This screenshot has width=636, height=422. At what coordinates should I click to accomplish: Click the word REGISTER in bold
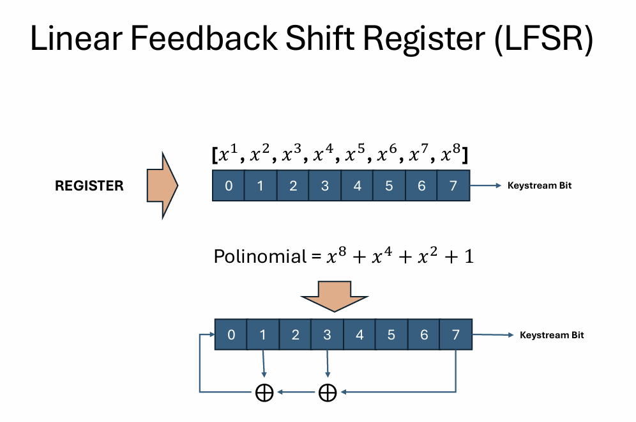[89, 186]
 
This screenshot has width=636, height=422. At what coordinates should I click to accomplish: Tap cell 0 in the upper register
[229, 186]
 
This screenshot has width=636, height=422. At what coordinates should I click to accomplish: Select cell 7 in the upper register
[453, 186]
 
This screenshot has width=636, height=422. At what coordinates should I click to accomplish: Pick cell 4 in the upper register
[357, 186]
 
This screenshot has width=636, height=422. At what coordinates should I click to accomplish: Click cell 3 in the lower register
[327, 334]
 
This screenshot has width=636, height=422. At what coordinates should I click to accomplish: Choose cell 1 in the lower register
[263, 334]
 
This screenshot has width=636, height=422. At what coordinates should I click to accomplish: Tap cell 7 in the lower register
[455, 334]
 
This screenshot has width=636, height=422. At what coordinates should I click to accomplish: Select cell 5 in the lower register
[391, 334]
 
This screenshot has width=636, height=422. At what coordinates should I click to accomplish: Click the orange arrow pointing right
[162, 186]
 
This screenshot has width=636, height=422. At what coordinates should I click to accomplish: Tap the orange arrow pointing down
[334, 295]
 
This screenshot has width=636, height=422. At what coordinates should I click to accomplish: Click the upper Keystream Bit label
[539, 186]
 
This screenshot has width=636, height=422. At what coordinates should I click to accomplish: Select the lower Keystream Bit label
[552, 335]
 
